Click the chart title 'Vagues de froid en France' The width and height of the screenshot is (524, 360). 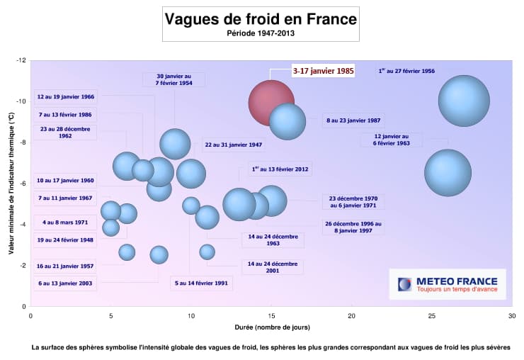261,19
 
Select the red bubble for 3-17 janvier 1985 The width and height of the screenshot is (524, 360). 271,103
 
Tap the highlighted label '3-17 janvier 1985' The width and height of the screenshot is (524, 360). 323,72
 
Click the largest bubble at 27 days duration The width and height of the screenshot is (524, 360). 464,100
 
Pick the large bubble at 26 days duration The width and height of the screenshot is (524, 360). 448,172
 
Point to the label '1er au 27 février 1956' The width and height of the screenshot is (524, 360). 406,72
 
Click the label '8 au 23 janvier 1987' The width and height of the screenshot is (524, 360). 353,120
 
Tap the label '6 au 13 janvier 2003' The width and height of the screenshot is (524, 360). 64,283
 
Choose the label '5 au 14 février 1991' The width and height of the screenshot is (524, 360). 201,283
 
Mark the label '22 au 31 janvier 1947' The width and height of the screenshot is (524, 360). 234,145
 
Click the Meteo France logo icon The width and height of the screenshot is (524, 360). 404,284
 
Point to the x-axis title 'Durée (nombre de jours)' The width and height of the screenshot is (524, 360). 270,328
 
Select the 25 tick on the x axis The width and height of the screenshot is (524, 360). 431,315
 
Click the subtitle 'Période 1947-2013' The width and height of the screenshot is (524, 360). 261,33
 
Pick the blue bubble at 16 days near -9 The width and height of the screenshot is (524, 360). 287,121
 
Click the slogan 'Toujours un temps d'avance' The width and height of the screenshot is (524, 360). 457,289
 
